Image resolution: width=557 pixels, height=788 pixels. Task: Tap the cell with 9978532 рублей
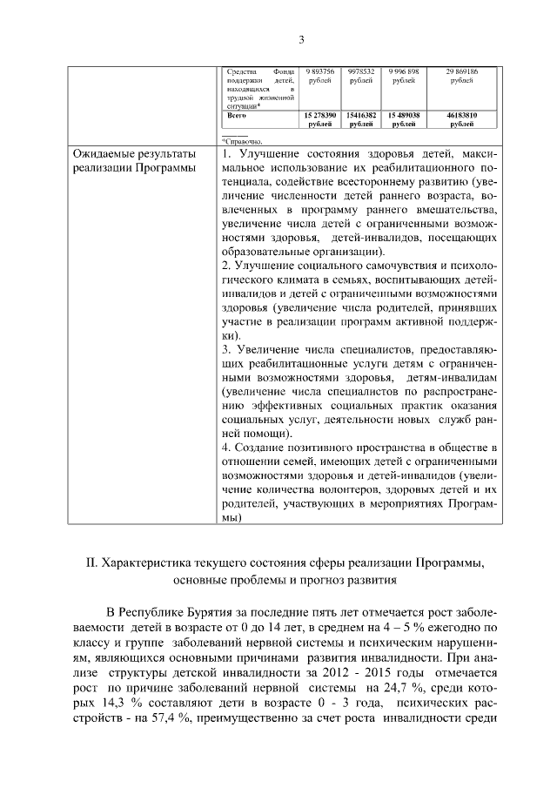(x=360, y=76)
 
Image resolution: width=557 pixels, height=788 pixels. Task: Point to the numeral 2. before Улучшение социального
(x=225, y=266)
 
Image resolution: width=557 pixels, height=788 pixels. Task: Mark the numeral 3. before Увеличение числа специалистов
(x=225, y=350)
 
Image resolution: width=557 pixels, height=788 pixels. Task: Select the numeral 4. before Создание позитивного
(x=225, y=448)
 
